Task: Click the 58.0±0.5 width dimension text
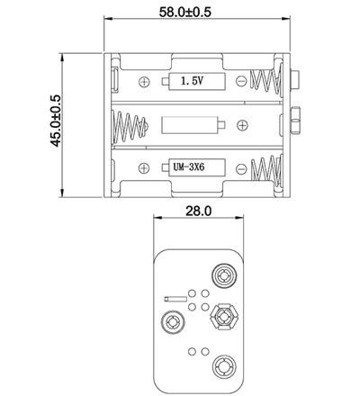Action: click(185, 12)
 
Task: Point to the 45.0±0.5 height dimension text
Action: click(56, 121)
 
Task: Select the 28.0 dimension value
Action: click(198, 211)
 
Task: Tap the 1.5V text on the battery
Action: click(192, 81)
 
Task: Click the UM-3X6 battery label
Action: click(189, 166)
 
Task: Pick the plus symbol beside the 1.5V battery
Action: click(144, 82)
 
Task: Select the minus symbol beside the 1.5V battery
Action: click(241, 81)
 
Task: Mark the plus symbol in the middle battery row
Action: click(242, 125)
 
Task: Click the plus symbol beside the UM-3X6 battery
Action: click(144, 168)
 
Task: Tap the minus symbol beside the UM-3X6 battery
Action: click(241, 169)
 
